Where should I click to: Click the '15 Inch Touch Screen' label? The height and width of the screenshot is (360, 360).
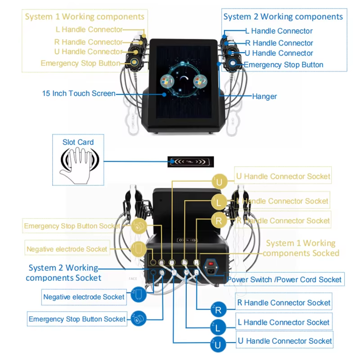click(x=78, y=94)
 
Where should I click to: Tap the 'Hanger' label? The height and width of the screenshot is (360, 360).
click(x=265, y=96)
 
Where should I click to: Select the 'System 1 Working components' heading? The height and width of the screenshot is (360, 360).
click(x=85, y=17)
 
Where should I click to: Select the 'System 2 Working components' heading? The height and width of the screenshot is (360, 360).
click(x=283, y=17)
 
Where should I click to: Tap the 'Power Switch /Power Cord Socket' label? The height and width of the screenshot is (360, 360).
click(x=284, y=279)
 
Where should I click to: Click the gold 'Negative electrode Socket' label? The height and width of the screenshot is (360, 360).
click(x=67, y=249)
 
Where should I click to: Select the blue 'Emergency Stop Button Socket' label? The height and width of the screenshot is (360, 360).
click(x=77, y=319)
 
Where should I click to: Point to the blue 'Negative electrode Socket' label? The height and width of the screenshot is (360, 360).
click(x=84, y=297)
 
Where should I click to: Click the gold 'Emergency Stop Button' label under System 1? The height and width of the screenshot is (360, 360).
click(x=81, y=63)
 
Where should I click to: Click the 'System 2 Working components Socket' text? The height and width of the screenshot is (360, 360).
click(x=63, y=273)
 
